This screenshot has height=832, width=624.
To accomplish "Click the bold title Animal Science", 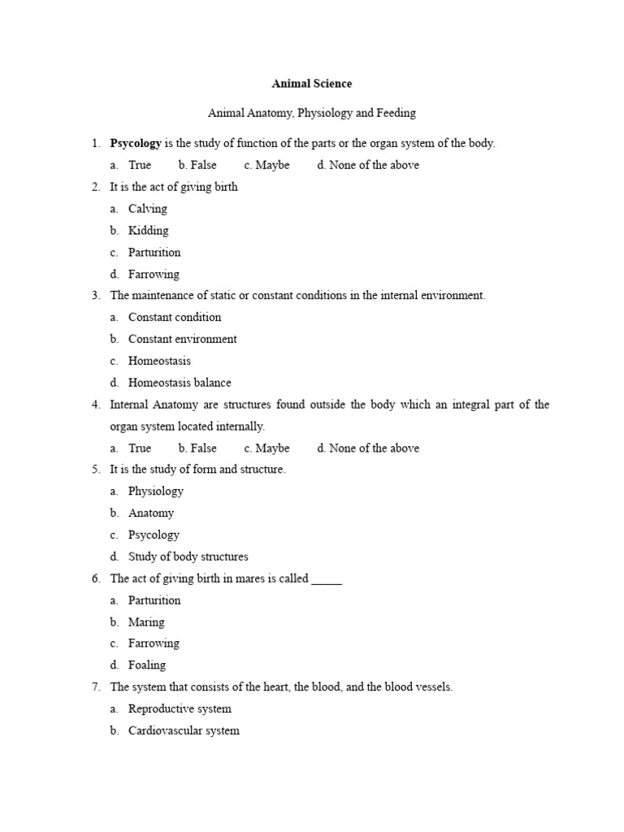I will [312, 83].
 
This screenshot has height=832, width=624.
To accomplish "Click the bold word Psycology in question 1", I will [136, 143].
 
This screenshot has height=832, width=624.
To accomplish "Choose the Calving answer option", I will [147, 209].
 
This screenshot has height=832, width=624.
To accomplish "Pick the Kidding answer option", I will [148, 231].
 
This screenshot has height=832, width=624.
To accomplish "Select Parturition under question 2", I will [154, 253].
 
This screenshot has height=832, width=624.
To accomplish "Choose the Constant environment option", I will [182, 339].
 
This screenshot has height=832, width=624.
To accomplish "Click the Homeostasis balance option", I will [180, 383].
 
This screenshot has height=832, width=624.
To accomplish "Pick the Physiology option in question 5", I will [155, 492].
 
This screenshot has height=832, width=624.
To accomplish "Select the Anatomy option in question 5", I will [150, 513].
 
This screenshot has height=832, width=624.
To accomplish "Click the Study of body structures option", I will [188, 557].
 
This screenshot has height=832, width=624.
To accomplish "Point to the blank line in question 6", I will [327, 579].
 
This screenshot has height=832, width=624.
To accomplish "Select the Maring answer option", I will [146, 622].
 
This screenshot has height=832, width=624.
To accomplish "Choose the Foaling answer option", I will [146, 665].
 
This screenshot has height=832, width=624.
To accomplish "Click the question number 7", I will [96, 687].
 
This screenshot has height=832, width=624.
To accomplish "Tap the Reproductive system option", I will [180, 709].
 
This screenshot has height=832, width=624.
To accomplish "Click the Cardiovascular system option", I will [184, 730].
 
